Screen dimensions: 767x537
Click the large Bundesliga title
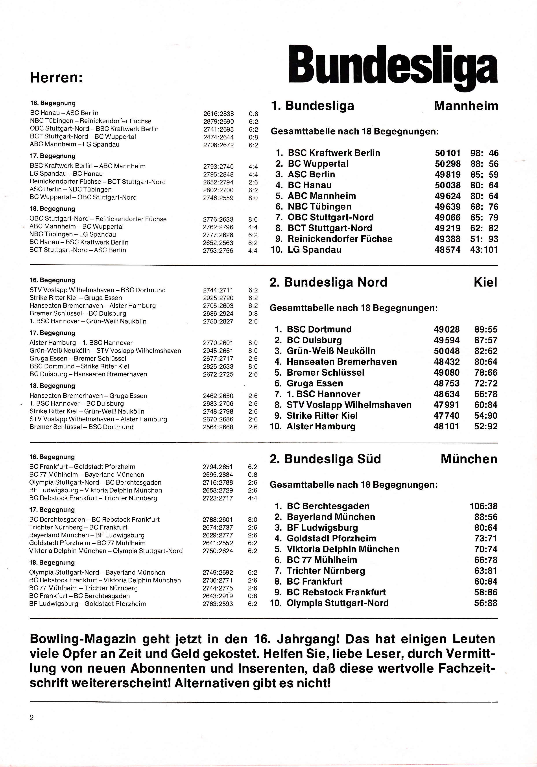coord(393,66)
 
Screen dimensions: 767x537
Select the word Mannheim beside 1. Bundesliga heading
coord(466,106)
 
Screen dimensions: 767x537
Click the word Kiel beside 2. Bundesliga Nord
coord(485,283)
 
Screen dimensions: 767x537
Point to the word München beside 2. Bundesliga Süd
coord(469,459)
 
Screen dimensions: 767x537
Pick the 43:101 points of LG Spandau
coord(484,250)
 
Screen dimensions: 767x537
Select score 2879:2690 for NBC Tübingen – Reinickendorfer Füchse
coord(219,121)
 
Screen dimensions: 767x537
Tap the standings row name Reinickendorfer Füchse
coord(340,239)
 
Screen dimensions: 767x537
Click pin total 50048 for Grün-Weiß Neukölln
coord(447,351)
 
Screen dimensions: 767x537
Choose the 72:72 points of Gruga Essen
coord(485,383)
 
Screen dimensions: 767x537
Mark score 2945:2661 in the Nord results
coord(218,351)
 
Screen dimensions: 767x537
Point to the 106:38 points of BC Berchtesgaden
coord(483,506)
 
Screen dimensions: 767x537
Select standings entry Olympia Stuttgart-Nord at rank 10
coord(338,603)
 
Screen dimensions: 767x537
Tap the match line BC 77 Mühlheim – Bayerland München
coord(87,475)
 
